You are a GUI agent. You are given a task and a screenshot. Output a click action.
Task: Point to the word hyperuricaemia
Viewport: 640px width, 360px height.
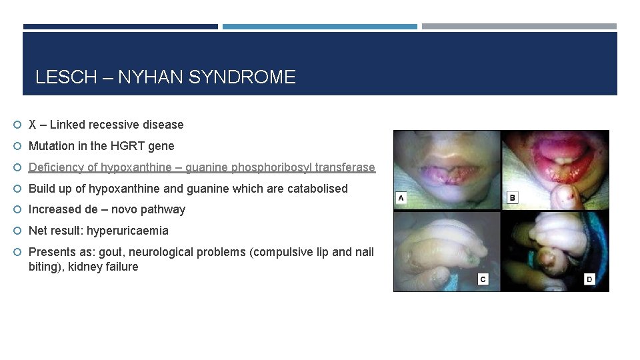127,231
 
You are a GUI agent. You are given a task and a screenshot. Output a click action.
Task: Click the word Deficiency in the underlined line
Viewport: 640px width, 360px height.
57,167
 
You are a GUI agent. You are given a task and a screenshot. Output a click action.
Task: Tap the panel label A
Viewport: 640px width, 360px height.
401,198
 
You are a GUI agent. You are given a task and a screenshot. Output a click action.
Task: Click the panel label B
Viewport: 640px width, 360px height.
512,198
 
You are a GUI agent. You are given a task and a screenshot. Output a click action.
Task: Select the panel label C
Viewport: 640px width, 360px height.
483,279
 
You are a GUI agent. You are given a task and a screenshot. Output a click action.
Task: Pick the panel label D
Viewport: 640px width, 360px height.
589,279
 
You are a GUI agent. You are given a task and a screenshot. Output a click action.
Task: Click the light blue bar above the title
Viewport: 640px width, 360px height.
319,27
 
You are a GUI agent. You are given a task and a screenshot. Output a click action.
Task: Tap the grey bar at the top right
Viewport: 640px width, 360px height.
519,27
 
